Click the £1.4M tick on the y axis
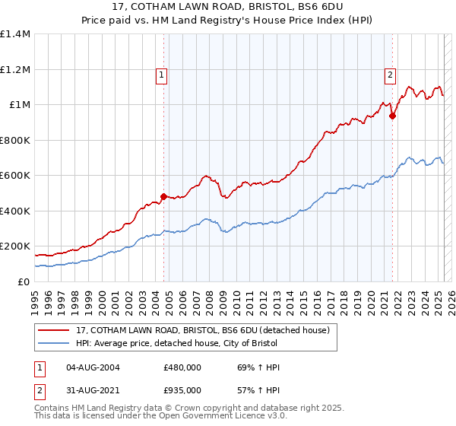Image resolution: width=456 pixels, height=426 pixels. [x=15, y=34]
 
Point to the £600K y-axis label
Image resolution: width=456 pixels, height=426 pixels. [x=15, y=176]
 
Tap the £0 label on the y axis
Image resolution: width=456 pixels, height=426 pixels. [x=24, y=281]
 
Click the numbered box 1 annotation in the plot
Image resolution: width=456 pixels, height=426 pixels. [x=163, y=75]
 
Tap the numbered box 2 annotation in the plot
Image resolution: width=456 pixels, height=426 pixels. [x=389, y=75]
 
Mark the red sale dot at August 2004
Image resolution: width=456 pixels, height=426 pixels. [x=163, y=197]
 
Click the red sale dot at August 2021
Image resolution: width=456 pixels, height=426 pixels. [x=393, y=116]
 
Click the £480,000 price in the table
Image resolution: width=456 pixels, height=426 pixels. [x=182, y=367]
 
